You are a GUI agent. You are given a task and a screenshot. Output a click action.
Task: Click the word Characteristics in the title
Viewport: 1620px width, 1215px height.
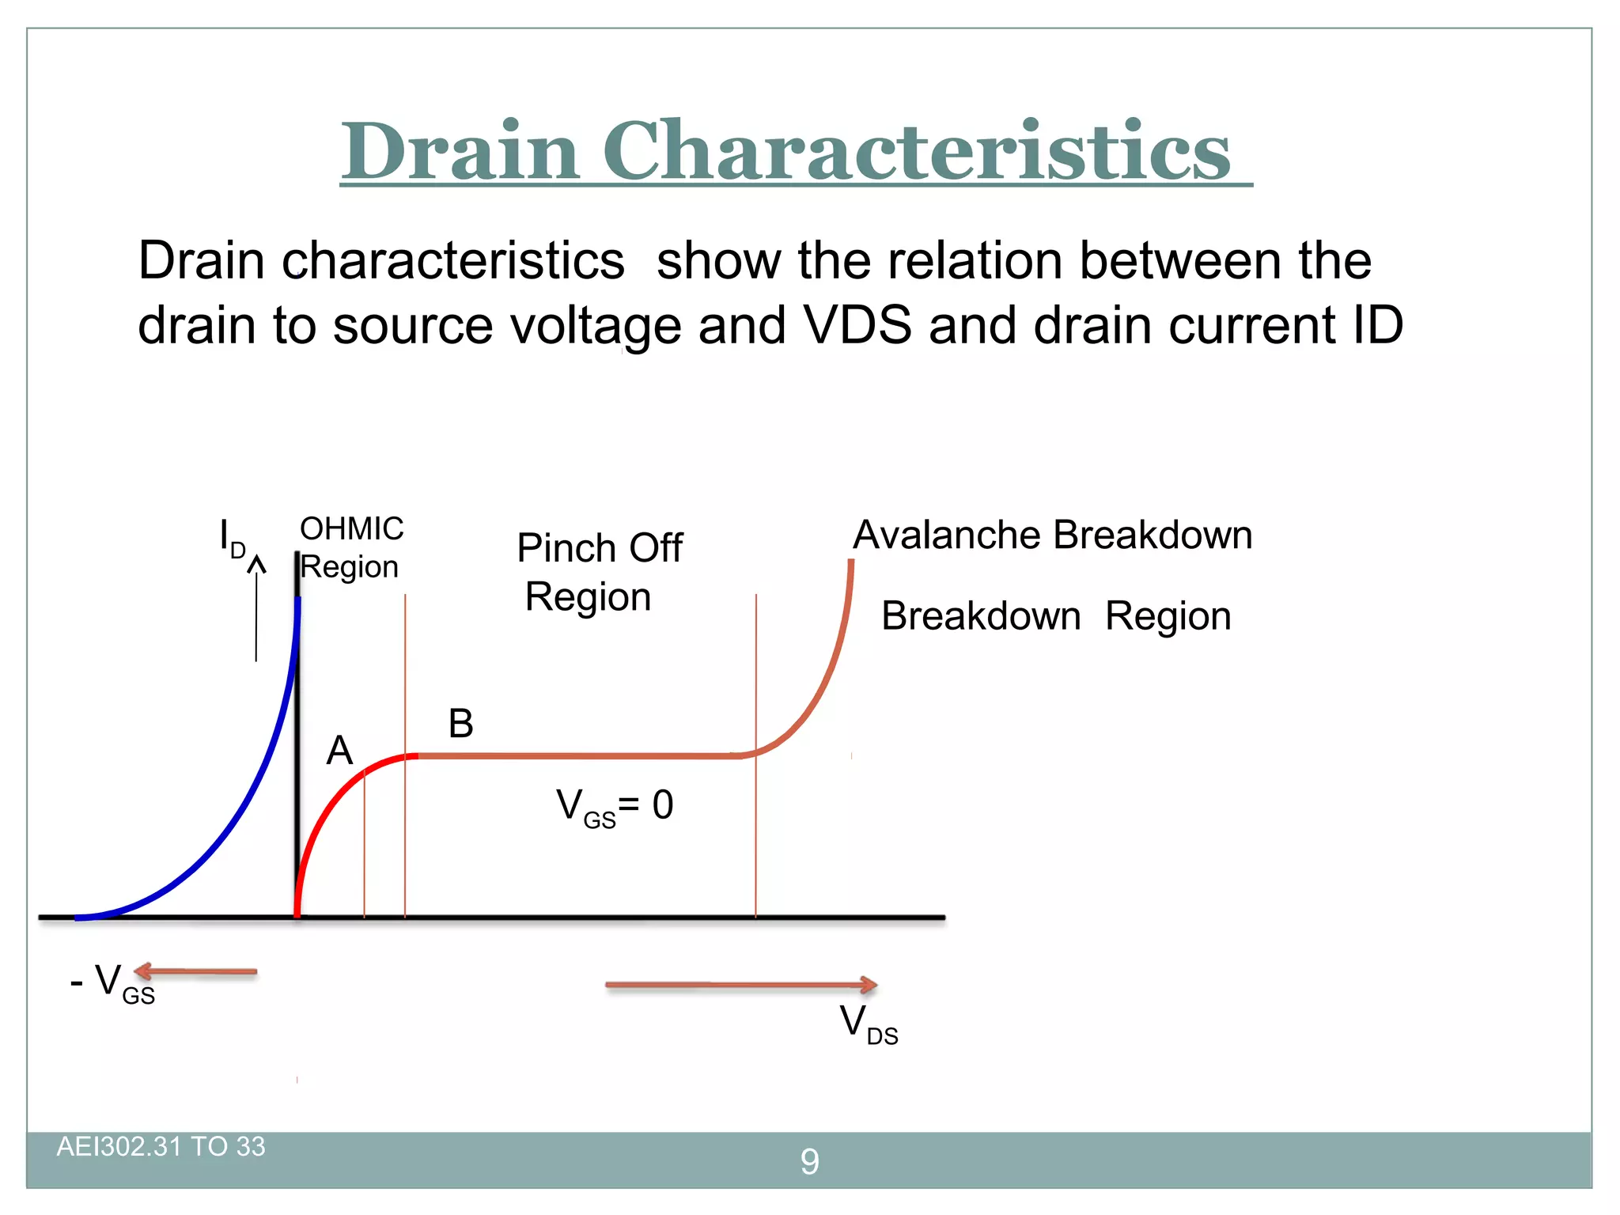click(x=916, y=150)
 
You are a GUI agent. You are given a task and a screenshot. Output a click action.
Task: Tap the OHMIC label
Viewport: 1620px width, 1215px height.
click(x=351, y=528)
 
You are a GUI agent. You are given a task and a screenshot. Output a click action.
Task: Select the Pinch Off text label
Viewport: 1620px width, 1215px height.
click(x=599, y=548)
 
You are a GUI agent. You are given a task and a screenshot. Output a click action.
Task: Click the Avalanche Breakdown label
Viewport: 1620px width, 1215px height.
click(x=1052, y=536)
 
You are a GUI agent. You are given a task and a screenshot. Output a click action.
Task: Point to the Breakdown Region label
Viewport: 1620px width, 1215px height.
click(x=1055, y=616)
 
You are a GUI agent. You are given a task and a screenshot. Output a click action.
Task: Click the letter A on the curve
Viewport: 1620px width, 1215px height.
click(x=339, y=750)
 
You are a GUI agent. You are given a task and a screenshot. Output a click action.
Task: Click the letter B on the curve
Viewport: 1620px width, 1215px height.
click(x=460, y=723)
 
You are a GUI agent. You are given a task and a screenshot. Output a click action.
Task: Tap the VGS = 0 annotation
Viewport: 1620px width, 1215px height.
click(x=614, y=807)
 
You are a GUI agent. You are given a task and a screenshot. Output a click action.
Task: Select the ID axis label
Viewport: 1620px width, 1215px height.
click(x=232, y=538)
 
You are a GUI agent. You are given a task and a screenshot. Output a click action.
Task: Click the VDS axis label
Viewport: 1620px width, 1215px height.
click(x=868, y=1024)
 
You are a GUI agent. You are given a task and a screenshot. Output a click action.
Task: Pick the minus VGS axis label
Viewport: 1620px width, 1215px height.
click(x=112, y=983)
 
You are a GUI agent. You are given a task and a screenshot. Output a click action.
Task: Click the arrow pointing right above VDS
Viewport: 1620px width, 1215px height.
click(x=740, y=985)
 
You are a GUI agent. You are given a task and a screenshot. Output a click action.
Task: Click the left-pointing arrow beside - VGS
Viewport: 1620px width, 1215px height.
click(x=195, y=971)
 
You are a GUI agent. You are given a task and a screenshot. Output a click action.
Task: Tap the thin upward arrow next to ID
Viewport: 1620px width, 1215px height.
click(x=256, y=609)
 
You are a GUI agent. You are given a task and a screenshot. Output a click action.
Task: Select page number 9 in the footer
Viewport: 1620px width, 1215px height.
click(x=809, y=1161)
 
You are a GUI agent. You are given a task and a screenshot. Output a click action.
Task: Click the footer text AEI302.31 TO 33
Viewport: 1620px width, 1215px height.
click(x=161, y=1147)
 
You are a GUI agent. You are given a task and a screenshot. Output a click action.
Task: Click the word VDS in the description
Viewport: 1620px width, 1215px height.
click(x=857, y=325)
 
